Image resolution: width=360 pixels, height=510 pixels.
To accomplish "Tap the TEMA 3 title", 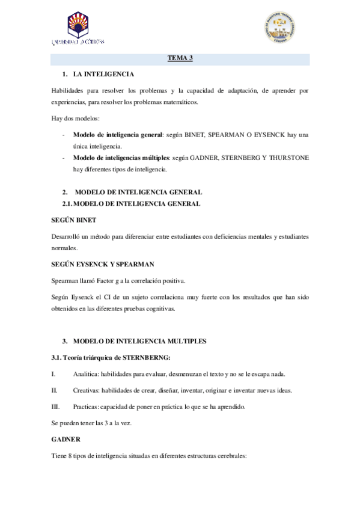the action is point(179,58).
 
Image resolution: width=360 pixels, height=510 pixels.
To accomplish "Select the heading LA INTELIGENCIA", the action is point(103,74).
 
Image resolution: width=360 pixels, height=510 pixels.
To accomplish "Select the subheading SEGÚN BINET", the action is point(74,220).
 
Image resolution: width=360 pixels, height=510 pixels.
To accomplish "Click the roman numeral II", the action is point(53,390).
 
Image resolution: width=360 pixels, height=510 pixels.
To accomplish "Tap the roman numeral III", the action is point(55,407).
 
